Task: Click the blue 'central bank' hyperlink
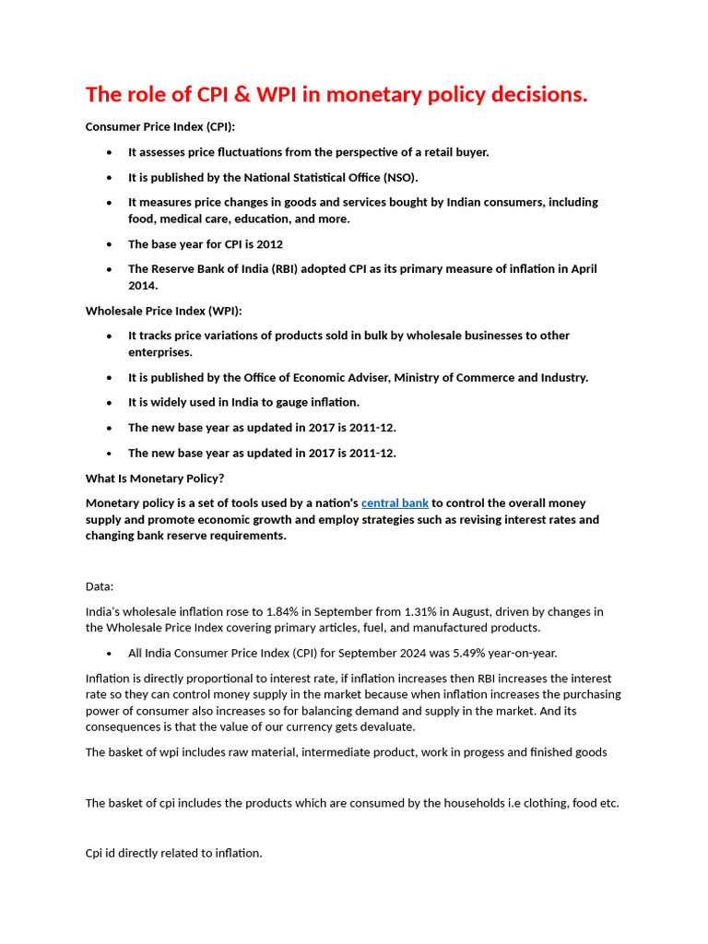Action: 395,503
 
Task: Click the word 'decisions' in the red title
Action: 540,94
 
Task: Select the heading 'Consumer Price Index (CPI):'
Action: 160,127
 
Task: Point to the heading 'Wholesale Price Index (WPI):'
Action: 164,312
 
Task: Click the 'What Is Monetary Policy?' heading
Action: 155,478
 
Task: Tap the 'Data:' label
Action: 100,586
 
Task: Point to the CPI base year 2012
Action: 269,244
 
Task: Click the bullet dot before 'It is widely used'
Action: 110,403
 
